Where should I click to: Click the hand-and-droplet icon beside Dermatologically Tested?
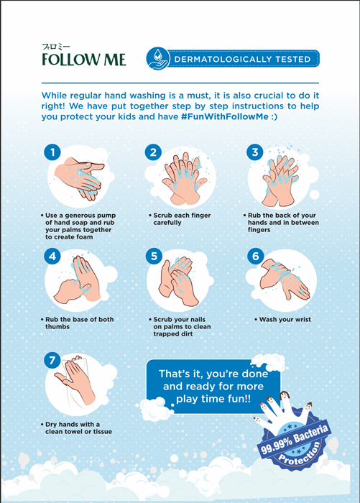coord(157,59)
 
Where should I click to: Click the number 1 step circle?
coord(50,152)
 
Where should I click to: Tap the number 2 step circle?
coord(152,152)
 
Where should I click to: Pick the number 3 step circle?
coord(254,152)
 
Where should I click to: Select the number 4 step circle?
coord(50,256)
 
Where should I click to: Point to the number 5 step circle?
coord(152,256)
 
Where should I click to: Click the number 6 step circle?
coord(254,256)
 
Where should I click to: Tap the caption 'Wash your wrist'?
coord(283,320)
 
